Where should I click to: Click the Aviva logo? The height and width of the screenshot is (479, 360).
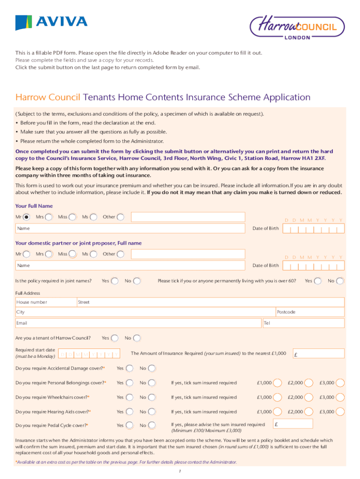pos(51,22)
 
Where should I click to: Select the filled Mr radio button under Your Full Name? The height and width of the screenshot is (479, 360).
pos(27,217)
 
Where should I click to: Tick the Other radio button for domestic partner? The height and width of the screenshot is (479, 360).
pos(121,254)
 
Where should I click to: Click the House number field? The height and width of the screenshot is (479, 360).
pos(46,302)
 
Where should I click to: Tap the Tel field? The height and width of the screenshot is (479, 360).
pos(303,323)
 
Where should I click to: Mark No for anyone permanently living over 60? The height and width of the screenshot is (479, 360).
pos(340,281)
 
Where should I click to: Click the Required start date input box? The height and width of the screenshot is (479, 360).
pos(89,354)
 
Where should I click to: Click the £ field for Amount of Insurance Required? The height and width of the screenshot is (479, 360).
pos(318,354)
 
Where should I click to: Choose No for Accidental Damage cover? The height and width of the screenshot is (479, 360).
pos(152,369)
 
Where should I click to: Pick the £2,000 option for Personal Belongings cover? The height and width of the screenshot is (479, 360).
pos(309,383)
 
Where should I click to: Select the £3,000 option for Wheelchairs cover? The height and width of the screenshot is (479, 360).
pos(340,398)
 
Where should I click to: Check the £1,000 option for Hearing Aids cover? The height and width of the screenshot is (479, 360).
pos(277,412)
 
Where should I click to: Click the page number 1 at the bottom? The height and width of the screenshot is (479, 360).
pos(180,471)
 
